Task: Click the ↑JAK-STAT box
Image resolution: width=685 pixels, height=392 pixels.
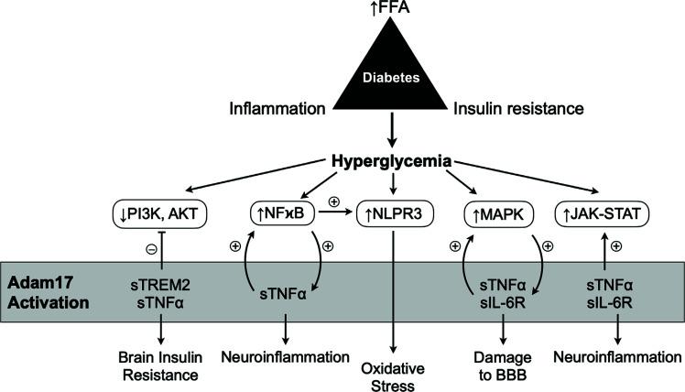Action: pos(605,216)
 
